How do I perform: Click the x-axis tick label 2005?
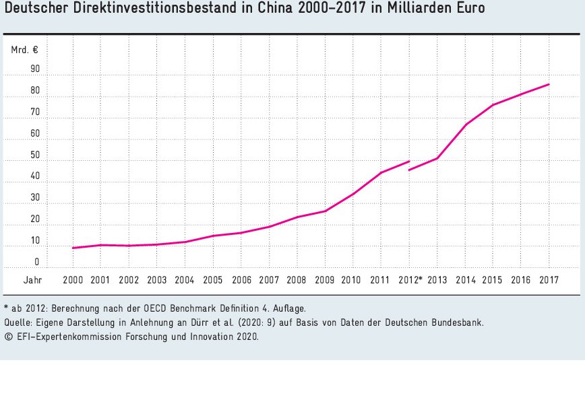(x=212, y=281)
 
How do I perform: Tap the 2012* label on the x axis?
(x=410, y=281)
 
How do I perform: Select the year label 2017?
(x=549, y=281)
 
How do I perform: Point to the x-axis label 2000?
(x=73, y=281)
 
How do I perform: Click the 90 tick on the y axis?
(x=35, y=69)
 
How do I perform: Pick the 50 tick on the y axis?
(x=35, y=155)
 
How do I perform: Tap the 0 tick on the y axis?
(x=37, y=262)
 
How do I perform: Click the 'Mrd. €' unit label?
(x=24, y=50)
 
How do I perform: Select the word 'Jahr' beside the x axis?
(x=32, y=281)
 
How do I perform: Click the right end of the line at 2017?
(x=549, y=84)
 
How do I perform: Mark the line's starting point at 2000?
(x=73, y=248)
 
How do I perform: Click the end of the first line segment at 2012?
(x=409, y=161)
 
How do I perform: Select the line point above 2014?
(x=466, y=125)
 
